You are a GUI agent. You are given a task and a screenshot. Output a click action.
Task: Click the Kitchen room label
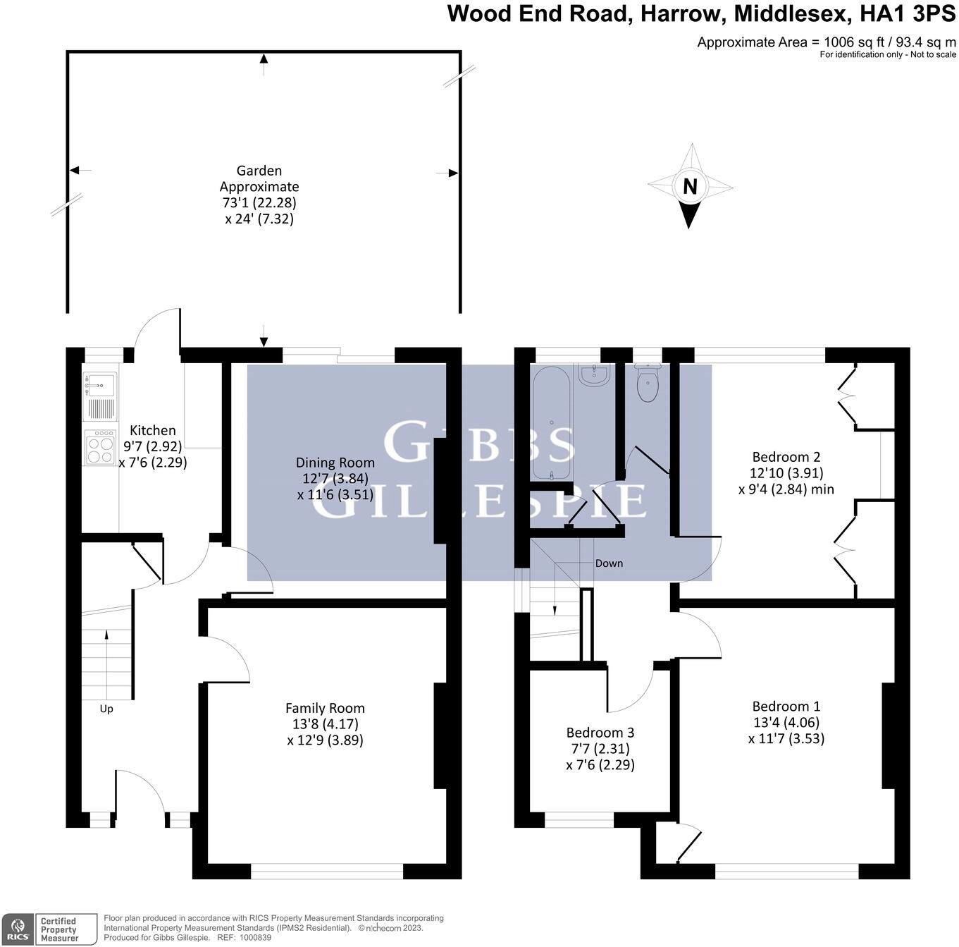[153, 430]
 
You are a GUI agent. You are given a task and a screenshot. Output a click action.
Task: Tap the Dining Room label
[335, 463]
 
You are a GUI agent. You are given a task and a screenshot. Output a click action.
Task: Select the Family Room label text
[325, 708]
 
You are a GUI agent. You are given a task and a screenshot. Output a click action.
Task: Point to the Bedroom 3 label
[600, 733]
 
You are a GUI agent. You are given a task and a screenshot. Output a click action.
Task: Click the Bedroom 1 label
[786, 707]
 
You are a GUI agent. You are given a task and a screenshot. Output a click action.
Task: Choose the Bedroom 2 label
[786, 457]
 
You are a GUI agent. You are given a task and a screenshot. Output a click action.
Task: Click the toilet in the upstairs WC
[647, 383]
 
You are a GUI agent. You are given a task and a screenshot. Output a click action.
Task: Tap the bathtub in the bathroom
[552, 423]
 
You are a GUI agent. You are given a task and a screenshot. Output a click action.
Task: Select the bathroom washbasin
[595, 375]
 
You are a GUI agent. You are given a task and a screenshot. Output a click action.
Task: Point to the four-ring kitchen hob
[100, 448]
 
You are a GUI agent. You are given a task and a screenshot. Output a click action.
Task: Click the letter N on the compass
[690, 187]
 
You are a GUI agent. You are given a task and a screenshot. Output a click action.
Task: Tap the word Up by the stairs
[106, 709]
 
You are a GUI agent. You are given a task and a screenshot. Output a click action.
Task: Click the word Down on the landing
[609, 563]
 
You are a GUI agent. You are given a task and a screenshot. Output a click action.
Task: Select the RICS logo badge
[18, 929]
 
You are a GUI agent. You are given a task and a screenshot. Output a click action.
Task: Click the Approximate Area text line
[827, 42]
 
